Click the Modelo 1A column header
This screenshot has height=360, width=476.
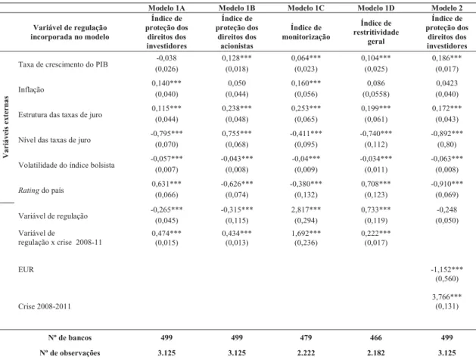tap(166, 8)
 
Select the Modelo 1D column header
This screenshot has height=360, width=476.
tap(376, 8)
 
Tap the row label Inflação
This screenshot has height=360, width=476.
tap(31, 89)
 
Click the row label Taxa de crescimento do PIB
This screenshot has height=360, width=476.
tap(63, 64)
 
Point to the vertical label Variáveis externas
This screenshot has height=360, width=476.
tap(5, 127)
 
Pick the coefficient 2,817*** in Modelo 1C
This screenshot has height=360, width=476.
tap(306, 209)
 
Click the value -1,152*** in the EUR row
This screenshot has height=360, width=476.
tap(446, 269)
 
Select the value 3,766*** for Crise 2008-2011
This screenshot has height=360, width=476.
tap(446, 296)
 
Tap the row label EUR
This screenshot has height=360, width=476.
tap(26, 269)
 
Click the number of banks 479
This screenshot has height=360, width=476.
tap(306, 337)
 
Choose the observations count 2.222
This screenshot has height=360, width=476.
tap(306, 352)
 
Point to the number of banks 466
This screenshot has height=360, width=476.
tap(376, 337)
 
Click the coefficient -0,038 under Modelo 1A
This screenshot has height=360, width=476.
tap(166, 57)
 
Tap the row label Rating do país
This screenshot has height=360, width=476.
tap(41, 190)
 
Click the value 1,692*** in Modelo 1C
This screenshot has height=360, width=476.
tap(306, 233)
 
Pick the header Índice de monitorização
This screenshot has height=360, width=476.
tap(306, 33)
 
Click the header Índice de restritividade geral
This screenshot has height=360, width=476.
tap(376, 33)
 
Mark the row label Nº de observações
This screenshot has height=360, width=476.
tap(70, 352)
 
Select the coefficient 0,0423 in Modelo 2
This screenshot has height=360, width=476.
tap(446, 82)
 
